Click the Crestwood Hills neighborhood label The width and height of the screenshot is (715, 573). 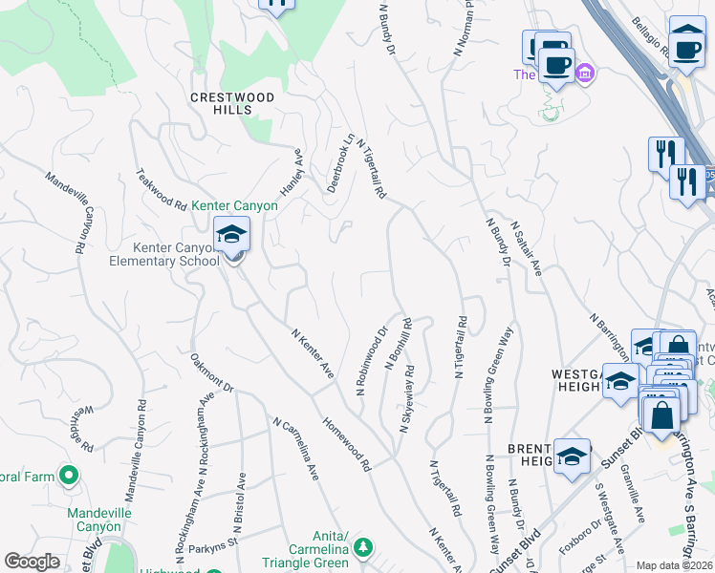[x=232, y=103]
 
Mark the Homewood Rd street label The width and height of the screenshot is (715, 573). [x=347, y=444]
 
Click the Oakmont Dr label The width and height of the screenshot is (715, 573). [x=212, y=373]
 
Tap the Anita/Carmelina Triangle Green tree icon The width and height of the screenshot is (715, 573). [x=362, y=547]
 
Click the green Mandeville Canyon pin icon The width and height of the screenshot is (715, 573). [x=68, y=474]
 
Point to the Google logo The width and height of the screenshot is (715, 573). [x=32, y=562]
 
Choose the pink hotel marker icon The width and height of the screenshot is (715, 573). [x=585, y=74]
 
